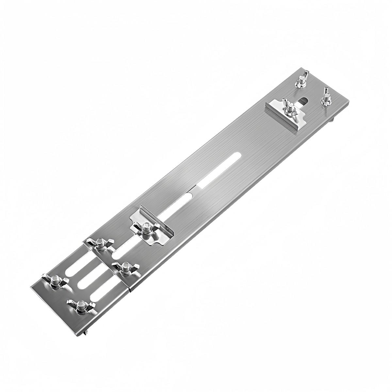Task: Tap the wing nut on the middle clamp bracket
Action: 146,228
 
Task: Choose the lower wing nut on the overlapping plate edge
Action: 124,268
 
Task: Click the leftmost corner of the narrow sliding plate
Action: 31,287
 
